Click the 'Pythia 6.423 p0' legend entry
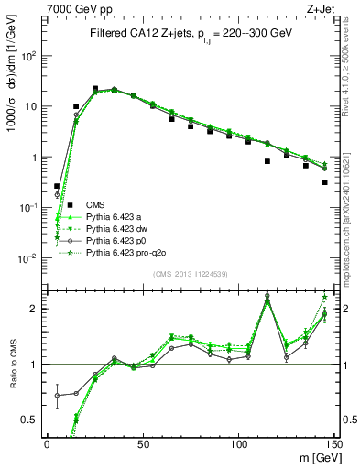(117, 240)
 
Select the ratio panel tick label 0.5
(31, 420)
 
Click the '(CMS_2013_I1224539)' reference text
(190, 274)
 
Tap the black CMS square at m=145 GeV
(324, 182)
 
